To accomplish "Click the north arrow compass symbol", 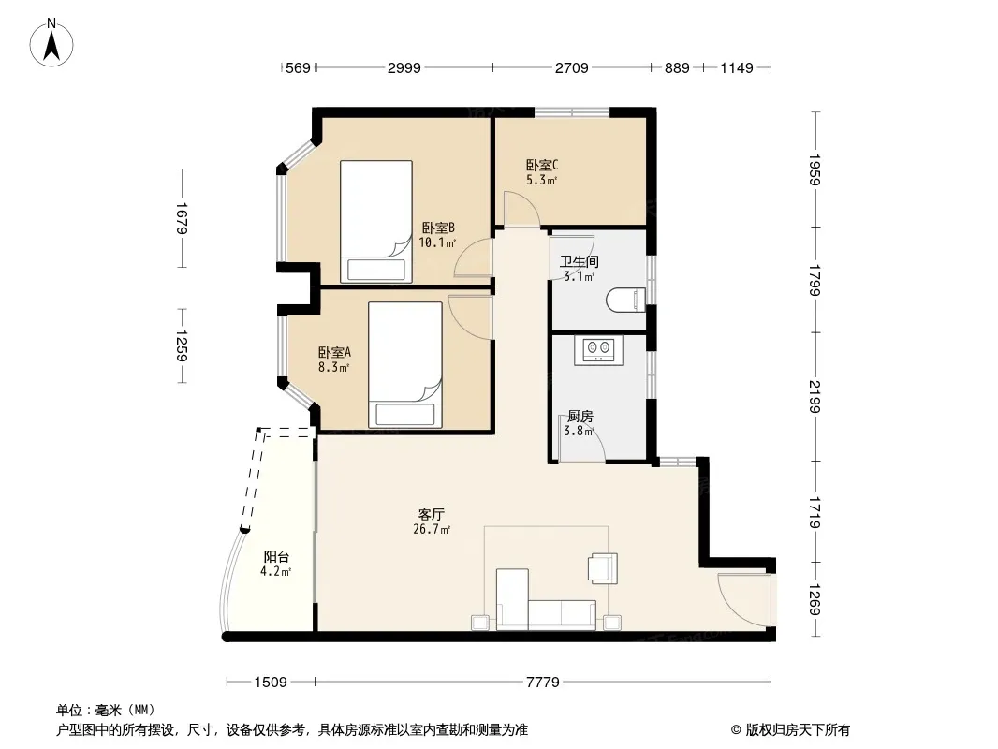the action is coord(51,43).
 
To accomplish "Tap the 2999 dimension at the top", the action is coord(404,67).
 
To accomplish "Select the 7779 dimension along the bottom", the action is coord(542,683).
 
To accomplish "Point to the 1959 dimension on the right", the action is coord(815,169).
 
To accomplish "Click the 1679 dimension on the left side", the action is coord(181,218).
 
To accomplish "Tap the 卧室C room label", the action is coord(542,166).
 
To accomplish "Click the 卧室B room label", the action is coord(438,228).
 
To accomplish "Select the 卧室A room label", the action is coord(334,353).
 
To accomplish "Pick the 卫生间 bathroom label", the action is coord(580,261).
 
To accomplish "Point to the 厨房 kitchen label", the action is coord(580,417).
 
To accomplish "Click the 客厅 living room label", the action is coord(431,514).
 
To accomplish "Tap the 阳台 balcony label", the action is coord(276,557).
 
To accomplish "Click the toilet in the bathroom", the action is coord(625,300).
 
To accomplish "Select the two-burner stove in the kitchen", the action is coord(599,349).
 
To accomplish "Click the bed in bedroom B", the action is coord(376,222).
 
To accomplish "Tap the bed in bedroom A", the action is coord(405,364).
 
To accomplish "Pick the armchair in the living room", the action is coord(602,568).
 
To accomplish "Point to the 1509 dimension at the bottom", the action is coord(271,683).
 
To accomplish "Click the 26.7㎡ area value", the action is coord(432,530).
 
